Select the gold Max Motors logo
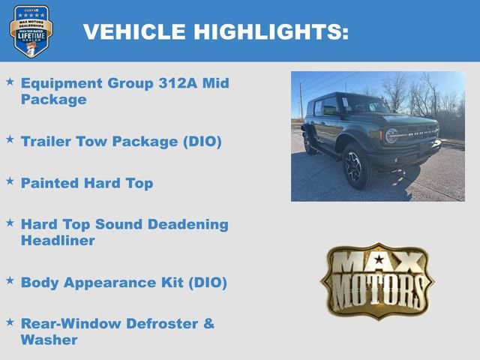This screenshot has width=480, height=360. (378, 280)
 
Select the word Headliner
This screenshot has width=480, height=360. (58, 241)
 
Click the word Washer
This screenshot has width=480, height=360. (49, 340)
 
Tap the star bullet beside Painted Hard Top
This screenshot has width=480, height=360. (10, 181)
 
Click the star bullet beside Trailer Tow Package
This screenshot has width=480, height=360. (10, 139)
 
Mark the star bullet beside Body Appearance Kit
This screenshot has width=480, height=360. (10, 280)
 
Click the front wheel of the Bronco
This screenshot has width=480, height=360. (355, 166)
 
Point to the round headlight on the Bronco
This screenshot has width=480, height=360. (391, 136)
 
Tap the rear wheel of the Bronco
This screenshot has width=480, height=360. (309, 142)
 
